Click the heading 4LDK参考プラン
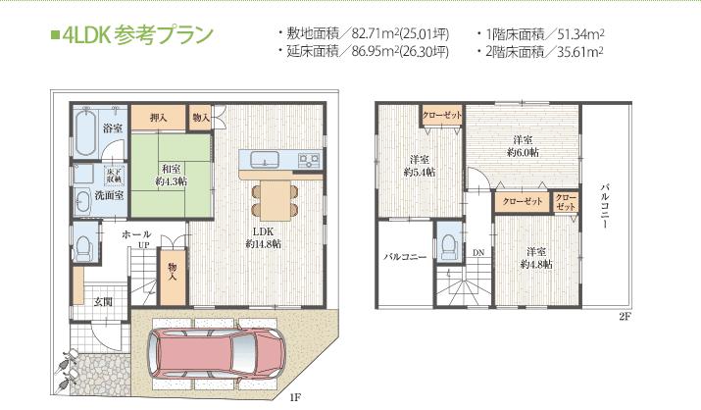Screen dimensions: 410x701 click(x=133, y=38)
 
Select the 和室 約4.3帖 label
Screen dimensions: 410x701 click(x=171, y=175)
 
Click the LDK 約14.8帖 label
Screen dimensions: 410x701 click(x=263, y=238)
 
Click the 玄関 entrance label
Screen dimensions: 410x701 click(x=103, y=301)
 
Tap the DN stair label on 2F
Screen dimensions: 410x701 click(x=477, y=251)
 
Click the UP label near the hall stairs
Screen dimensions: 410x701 click(x=144, y=245)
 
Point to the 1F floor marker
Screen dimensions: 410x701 click(x=294, y=397)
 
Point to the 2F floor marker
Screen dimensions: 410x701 click(x=624, y=317)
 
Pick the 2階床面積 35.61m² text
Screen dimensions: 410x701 click(x=543, y=50)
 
